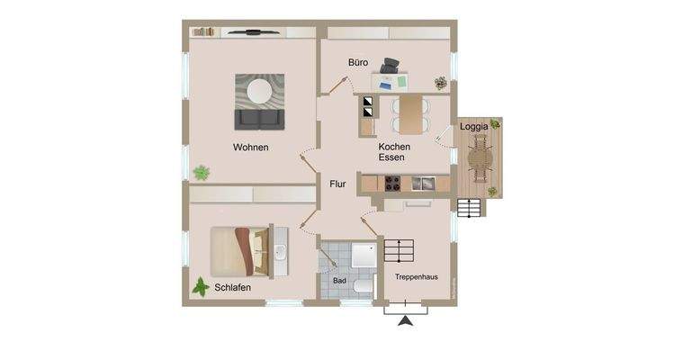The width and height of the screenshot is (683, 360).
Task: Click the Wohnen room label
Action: point(250,148)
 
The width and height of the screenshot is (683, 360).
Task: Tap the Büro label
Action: point(358,62)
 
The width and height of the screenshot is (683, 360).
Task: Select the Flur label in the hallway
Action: point(337,184)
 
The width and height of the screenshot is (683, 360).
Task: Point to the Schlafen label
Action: point(232,288)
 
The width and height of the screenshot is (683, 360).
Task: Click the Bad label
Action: point(339,281)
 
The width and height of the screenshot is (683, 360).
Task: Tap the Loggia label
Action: point(474,127)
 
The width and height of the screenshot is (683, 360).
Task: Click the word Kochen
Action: point(394,147)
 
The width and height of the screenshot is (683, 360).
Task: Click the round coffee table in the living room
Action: point(260,91)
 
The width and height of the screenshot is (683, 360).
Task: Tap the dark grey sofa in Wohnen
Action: point(259,119)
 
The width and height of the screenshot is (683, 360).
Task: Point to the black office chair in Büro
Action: point(391,67)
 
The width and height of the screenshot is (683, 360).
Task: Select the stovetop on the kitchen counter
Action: point(393,184)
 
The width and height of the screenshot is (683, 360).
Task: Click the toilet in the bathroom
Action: point(363,286)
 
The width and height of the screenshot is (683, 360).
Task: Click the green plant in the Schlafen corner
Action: point(201,287)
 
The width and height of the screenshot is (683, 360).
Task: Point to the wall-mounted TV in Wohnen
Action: point(253,32)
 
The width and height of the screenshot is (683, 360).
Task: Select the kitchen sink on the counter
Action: point(422,184)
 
